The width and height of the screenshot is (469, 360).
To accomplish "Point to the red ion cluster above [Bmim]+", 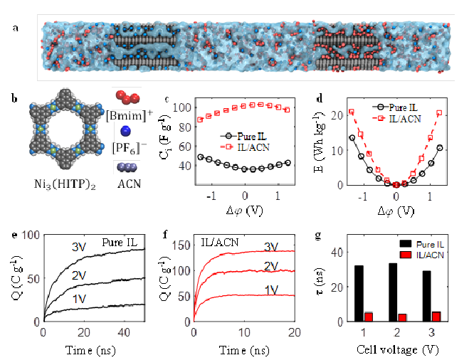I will coord(125,98).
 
